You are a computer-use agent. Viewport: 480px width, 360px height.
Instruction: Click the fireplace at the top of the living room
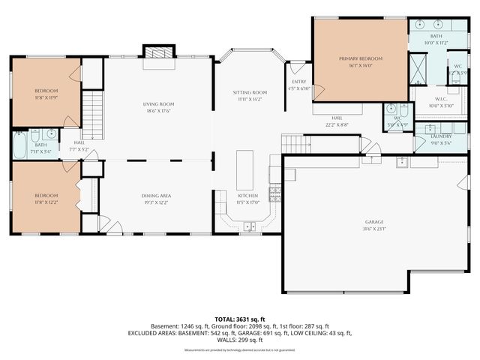(157, 52)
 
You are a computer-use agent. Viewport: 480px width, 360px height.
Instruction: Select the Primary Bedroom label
(361, 58)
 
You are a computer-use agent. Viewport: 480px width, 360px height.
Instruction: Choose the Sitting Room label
(250, 91)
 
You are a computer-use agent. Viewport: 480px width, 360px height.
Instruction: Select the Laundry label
(441, 136)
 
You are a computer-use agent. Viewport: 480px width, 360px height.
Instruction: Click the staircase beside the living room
(91, 109)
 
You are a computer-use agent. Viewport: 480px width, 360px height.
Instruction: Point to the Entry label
(299, 82)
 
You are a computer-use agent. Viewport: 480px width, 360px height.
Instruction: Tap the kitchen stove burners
(275, 197)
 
